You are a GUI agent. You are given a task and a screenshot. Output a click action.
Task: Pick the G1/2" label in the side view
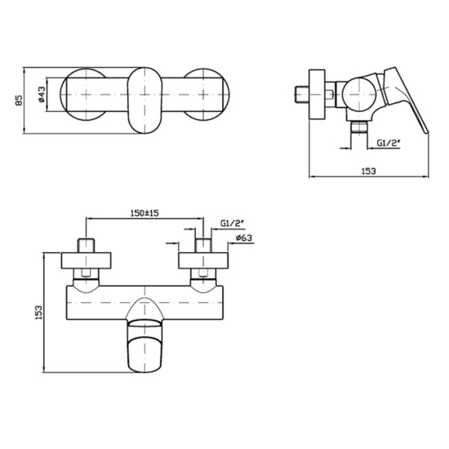(x=389, y=143)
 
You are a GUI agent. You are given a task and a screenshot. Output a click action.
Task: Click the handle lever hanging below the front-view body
(x=147, y=343)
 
